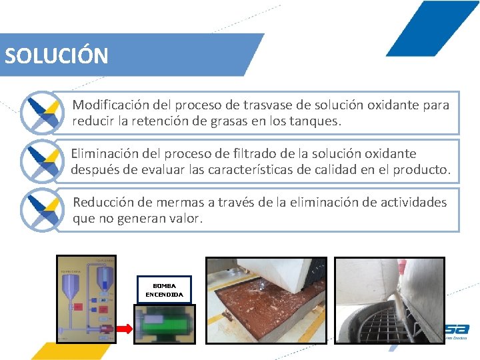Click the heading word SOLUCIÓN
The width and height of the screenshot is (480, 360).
coord(57,55)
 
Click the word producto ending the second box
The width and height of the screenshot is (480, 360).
coord(421,170)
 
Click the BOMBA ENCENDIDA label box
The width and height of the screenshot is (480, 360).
coord(163,289)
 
